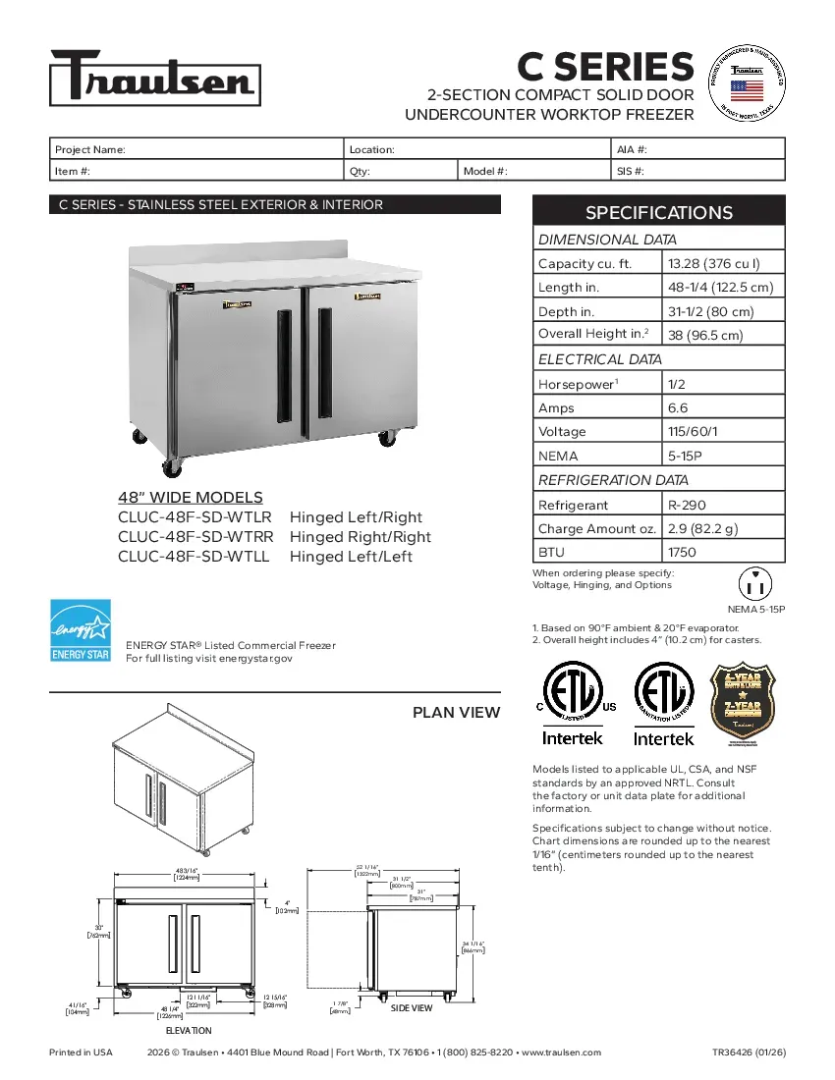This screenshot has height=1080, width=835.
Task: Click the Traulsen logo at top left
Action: pos(155,78)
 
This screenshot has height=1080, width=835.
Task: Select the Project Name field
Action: pos(196,149)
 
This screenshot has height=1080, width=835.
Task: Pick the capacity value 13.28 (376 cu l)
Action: pos(714,263)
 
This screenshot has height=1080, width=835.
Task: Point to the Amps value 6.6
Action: pos(678,407)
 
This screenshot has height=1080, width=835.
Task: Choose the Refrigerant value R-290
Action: pos(687,505)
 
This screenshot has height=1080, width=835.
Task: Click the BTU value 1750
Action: pos(682,552)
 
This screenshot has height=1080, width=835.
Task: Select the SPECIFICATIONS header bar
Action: pos(658,212)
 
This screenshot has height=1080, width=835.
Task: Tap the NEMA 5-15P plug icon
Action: pos(756,584)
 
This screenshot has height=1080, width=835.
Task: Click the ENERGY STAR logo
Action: pos(81,630)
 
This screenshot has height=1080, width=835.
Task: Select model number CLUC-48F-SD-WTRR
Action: pos(195,537)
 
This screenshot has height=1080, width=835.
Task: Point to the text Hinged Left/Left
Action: pos(351,557)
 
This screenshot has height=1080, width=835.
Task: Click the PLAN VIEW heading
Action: pos(456,713)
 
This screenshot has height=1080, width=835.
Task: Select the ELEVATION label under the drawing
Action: pos(188,1030)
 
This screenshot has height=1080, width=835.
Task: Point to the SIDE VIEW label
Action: pos(411,1008)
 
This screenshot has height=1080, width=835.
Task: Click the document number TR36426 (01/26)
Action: pos(749,1053)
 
